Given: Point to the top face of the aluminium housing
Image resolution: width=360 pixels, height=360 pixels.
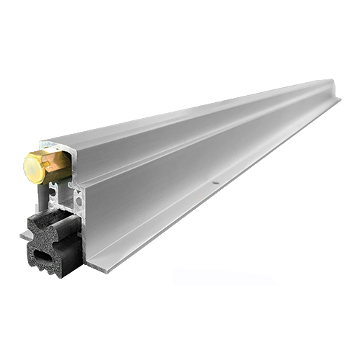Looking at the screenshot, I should [x=180, y=115].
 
